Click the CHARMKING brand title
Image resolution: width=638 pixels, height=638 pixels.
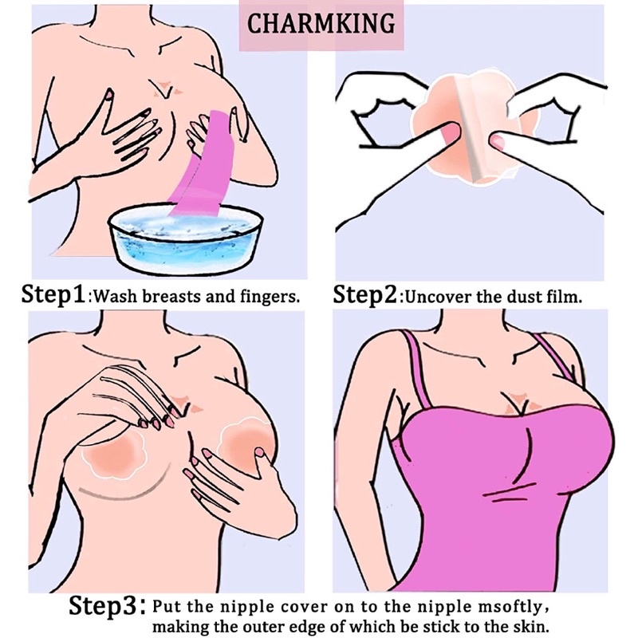[321, 24]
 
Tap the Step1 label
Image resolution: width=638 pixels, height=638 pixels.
[53, 293]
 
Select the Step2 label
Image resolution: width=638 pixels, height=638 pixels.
[365, 294]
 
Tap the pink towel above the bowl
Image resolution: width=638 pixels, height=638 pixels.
[203, 163]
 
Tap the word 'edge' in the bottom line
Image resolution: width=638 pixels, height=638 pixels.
[346, 627]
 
